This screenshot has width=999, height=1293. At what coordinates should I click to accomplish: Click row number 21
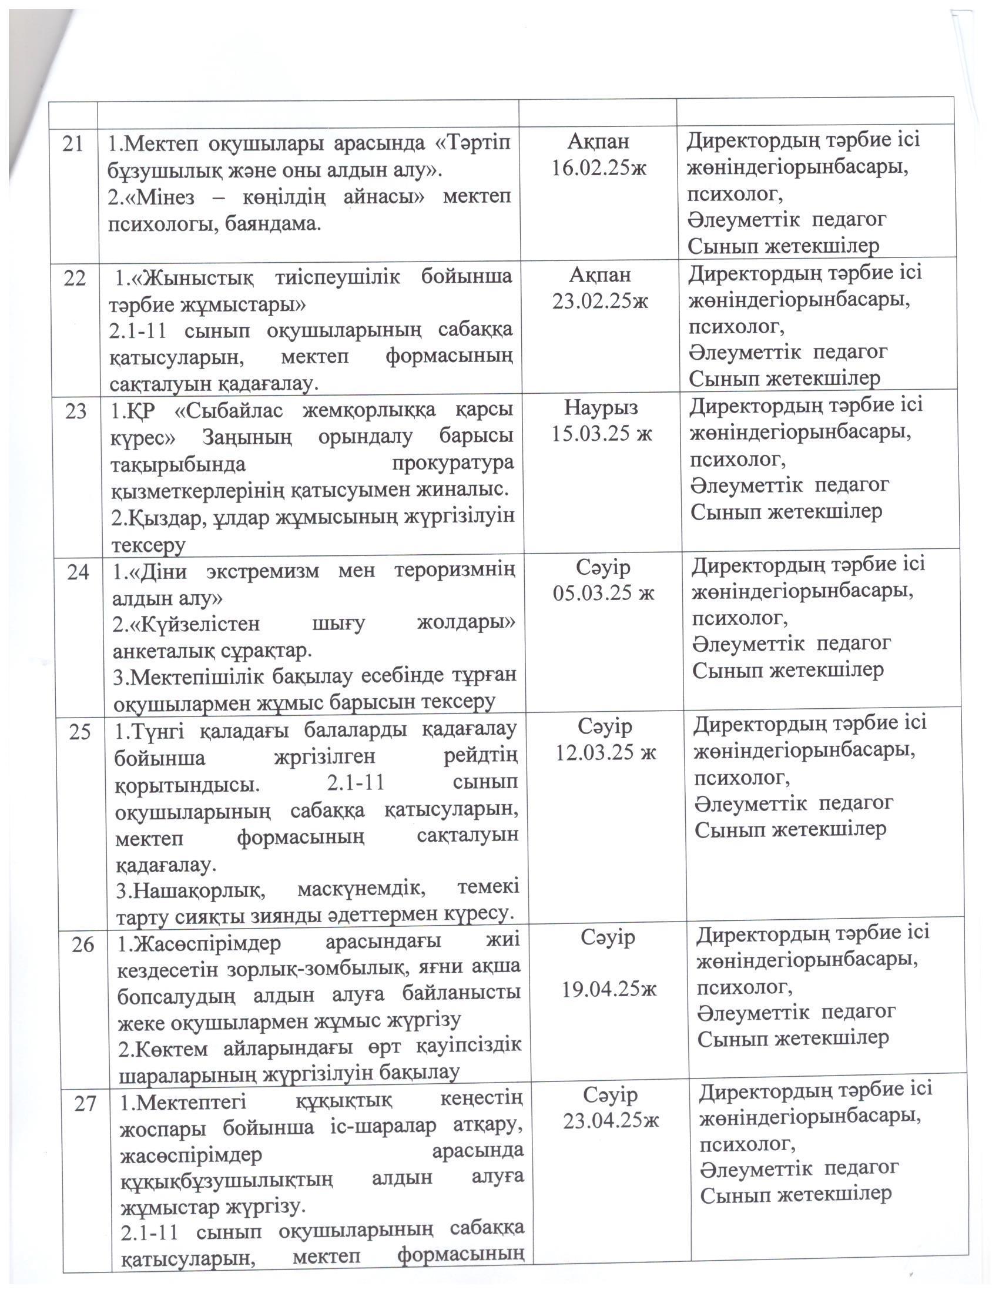73,145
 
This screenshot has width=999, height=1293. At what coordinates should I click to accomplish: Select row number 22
74,277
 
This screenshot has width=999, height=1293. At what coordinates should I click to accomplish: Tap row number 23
75,411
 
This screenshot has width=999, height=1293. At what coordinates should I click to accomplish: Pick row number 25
80,732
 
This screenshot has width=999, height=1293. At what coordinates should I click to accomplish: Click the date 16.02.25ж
599,168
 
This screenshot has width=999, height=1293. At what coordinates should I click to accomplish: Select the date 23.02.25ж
600,302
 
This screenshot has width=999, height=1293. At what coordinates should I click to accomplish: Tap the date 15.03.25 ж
601,434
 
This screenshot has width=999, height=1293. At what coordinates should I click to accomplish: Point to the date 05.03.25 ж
604,592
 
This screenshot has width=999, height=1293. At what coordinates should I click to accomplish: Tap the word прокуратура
452,463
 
